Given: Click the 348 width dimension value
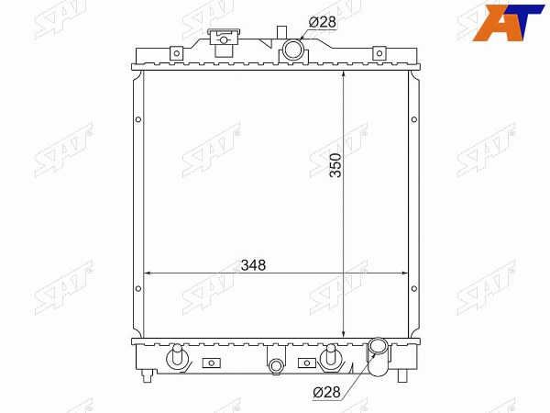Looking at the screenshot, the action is click(x=253, y=265).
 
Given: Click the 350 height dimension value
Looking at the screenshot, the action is click(x=335, y=165).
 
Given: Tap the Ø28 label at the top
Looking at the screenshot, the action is click(x=323, y=22).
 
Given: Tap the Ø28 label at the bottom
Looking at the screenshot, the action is click(x=326, y=392).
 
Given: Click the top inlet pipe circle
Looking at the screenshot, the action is click(x=292, y=50).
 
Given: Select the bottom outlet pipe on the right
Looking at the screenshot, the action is click(x=379, y=356).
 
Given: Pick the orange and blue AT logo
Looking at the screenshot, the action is click(x=508, y=23).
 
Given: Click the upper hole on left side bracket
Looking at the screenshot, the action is click(x=138, y=119).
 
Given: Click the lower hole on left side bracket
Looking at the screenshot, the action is click(x=138, y=289).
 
